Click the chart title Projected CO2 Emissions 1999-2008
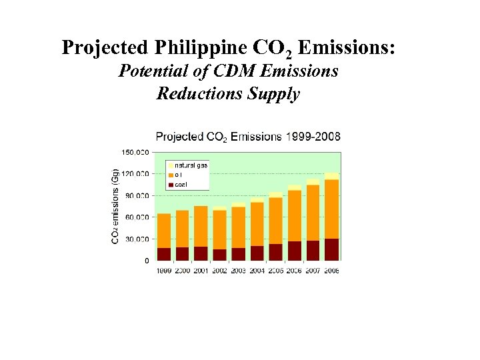[248, 137]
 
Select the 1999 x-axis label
[164, 271]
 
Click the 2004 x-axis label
[257, 271]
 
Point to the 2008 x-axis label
[331, 271]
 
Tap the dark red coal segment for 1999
[164, 254]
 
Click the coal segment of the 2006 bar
[294, 251]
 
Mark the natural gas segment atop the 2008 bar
[331, 176]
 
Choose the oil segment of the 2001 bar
[201, 227]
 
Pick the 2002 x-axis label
[219, 271]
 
